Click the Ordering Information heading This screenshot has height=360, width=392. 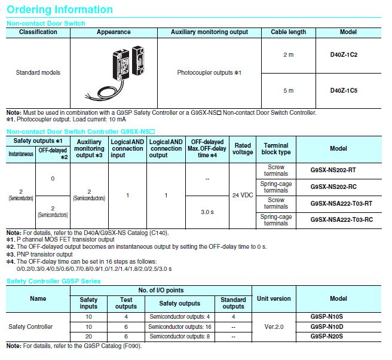click(x=60, y=10)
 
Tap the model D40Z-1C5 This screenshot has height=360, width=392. click(x=344, y=91)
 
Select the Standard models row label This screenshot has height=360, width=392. click(x=38, y=72)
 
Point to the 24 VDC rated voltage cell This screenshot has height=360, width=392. click(x=243, y=196)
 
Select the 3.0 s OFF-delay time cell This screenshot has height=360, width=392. click(x=207, y=212)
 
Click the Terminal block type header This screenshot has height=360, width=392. click(x=276, y=148)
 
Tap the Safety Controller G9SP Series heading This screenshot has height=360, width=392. click(x=54, y=281)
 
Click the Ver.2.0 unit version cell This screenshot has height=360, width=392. click(x=274, y=327)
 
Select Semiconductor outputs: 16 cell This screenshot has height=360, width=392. click(x=180, y=327)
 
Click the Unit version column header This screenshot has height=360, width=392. click(x=274, y=298)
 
